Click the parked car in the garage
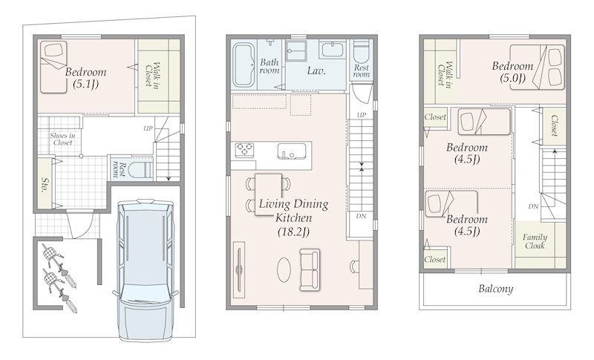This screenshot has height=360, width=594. coord(146,269)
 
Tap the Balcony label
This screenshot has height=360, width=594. coord(495,289)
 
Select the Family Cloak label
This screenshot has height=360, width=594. coord(535,241)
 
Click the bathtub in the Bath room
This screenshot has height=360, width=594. coord(244,65)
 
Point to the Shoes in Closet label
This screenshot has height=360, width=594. coord(62,139)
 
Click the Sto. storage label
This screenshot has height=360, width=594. coord(45,184)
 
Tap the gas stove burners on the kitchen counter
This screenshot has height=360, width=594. coord(244,150)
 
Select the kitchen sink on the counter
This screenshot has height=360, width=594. coord(291,151)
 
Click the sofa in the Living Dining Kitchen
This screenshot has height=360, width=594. coord(310,269)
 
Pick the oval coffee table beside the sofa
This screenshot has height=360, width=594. coord(284,269)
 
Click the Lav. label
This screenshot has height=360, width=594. coord(316,71)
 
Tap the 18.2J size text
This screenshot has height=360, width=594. coord(293,232)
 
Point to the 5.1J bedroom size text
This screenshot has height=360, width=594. coord(85,84)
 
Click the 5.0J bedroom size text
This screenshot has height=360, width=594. coord(512,79)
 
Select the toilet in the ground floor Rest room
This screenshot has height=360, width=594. coord(140,169)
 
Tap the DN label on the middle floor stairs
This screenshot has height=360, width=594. coord(361,216)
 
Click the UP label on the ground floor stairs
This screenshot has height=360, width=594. coord(148,128)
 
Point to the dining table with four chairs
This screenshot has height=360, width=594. coord(268,194)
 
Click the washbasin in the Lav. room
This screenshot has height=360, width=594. coord(332,50)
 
